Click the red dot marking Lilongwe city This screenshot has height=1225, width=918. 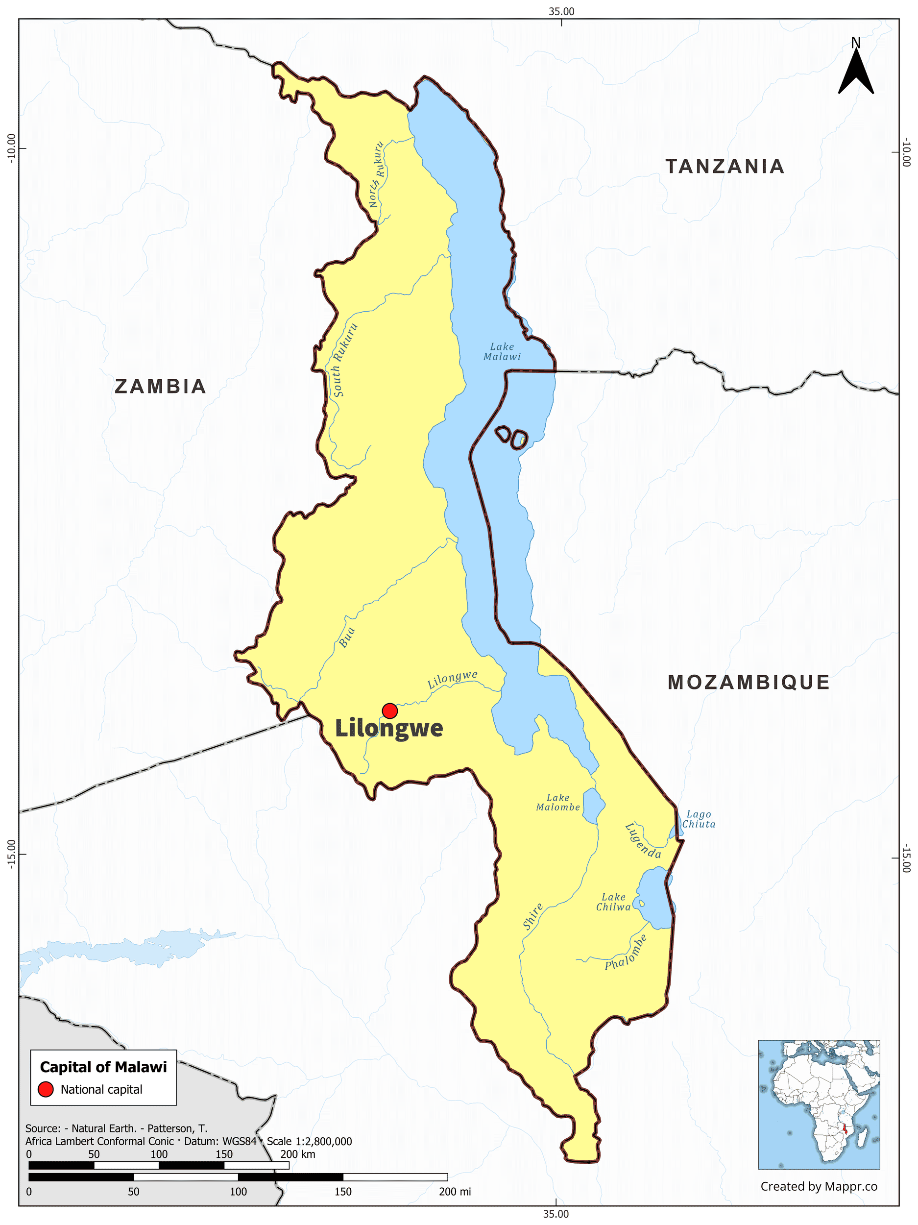[x=390, y=710]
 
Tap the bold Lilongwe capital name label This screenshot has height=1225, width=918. [x=389, y=729]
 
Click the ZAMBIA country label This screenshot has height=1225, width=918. [x=161, y=387]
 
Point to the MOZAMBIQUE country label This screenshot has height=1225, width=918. [x=749, y=682]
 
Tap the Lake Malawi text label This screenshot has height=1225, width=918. [x=502, y=352]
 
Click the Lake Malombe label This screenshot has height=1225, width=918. [x=558, y=803]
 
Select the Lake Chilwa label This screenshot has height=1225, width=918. [x=613, y=902]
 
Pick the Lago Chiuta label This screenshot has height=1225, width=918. [x=699, y=819]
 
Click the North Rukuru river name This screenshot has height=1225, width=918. [x=377, y=174]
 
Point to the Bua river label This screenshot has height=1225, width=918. [x=347, y=638]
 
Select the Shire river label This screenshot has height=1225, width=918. [x=532, y=916]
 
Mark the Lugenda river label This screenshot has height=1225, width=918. [x=642, y=841]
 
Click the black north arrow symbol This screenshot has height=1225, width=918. [x=855, y=71]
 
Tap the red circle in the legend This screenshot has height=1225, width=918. [x=46, y=1089]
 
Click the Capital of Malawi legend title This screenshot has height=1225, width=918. [x=103, y=1067]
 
